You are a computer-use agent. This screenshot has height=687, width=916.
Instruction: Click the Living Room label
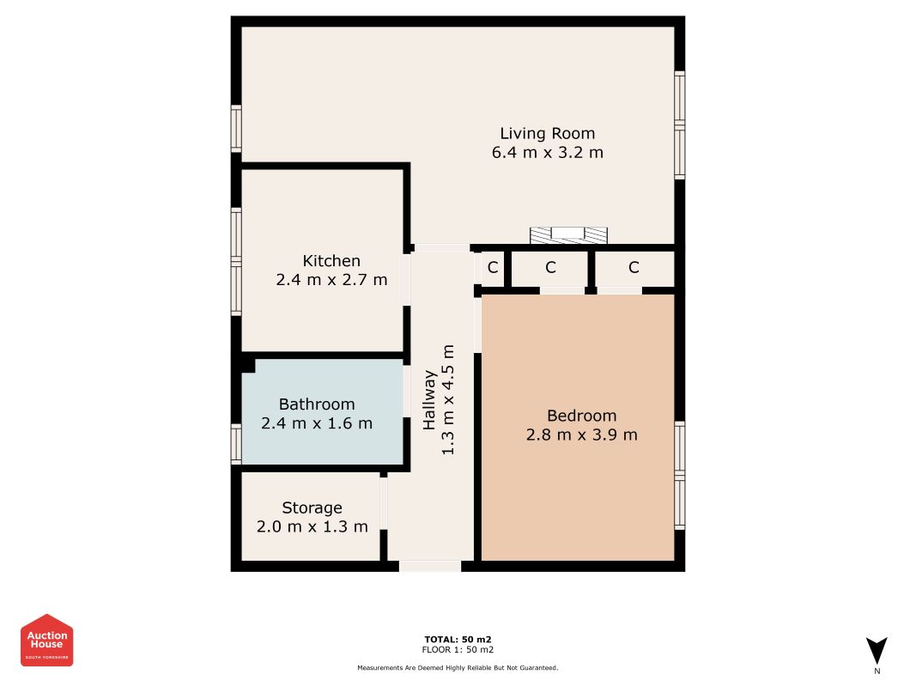point(547,133)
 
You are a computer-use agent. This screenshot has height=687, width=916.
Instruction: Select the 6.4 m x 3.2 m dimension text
point(547,153)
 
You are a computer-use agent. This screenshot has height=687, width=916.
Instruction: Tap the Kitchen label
point(331,260)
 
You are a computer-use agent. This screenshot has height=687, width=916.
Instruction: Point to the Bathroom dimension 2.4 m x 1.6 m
point(317,423)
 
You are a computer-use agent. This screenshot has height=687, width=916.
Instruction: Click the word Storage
point(312,508)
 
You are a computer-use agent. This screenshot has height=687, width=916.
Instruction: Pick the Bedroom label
point(581,416)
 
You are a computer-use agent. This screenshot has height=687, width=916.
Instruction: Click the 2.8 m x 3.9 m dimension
point(581,435)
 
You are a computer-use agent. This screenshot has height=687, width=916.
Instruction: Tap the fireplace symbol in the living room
point(567,234)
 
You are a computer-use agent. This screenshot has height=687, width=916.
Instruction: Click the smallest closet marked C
point(493,267)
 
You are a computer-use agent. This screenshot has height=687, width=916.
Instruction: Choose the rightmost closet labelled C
point(634,267)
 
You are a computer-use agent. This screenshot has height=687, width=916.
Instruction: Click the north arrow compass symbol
point(877,651)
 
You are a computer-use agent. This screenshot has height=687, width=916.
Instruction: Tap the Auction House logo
point(47,640)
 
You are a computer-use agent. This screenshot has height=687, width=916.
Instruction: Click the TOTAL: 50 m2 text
point(458,639)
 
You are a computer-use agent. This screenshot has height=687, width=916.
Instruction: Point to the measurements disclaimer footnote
point(458,667)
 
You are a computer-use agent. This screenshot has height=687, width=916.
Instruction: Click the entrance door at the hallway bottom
point(429,566)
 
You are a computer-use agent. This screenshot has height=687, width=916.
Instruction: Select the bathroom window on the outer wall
point(235,443)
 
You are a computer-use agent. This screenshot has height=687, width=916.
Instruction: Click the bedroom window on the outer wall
point(680,475)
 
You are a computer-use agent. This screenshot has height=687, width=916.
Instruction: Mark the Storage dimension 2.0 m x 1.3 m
point(312,526)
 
